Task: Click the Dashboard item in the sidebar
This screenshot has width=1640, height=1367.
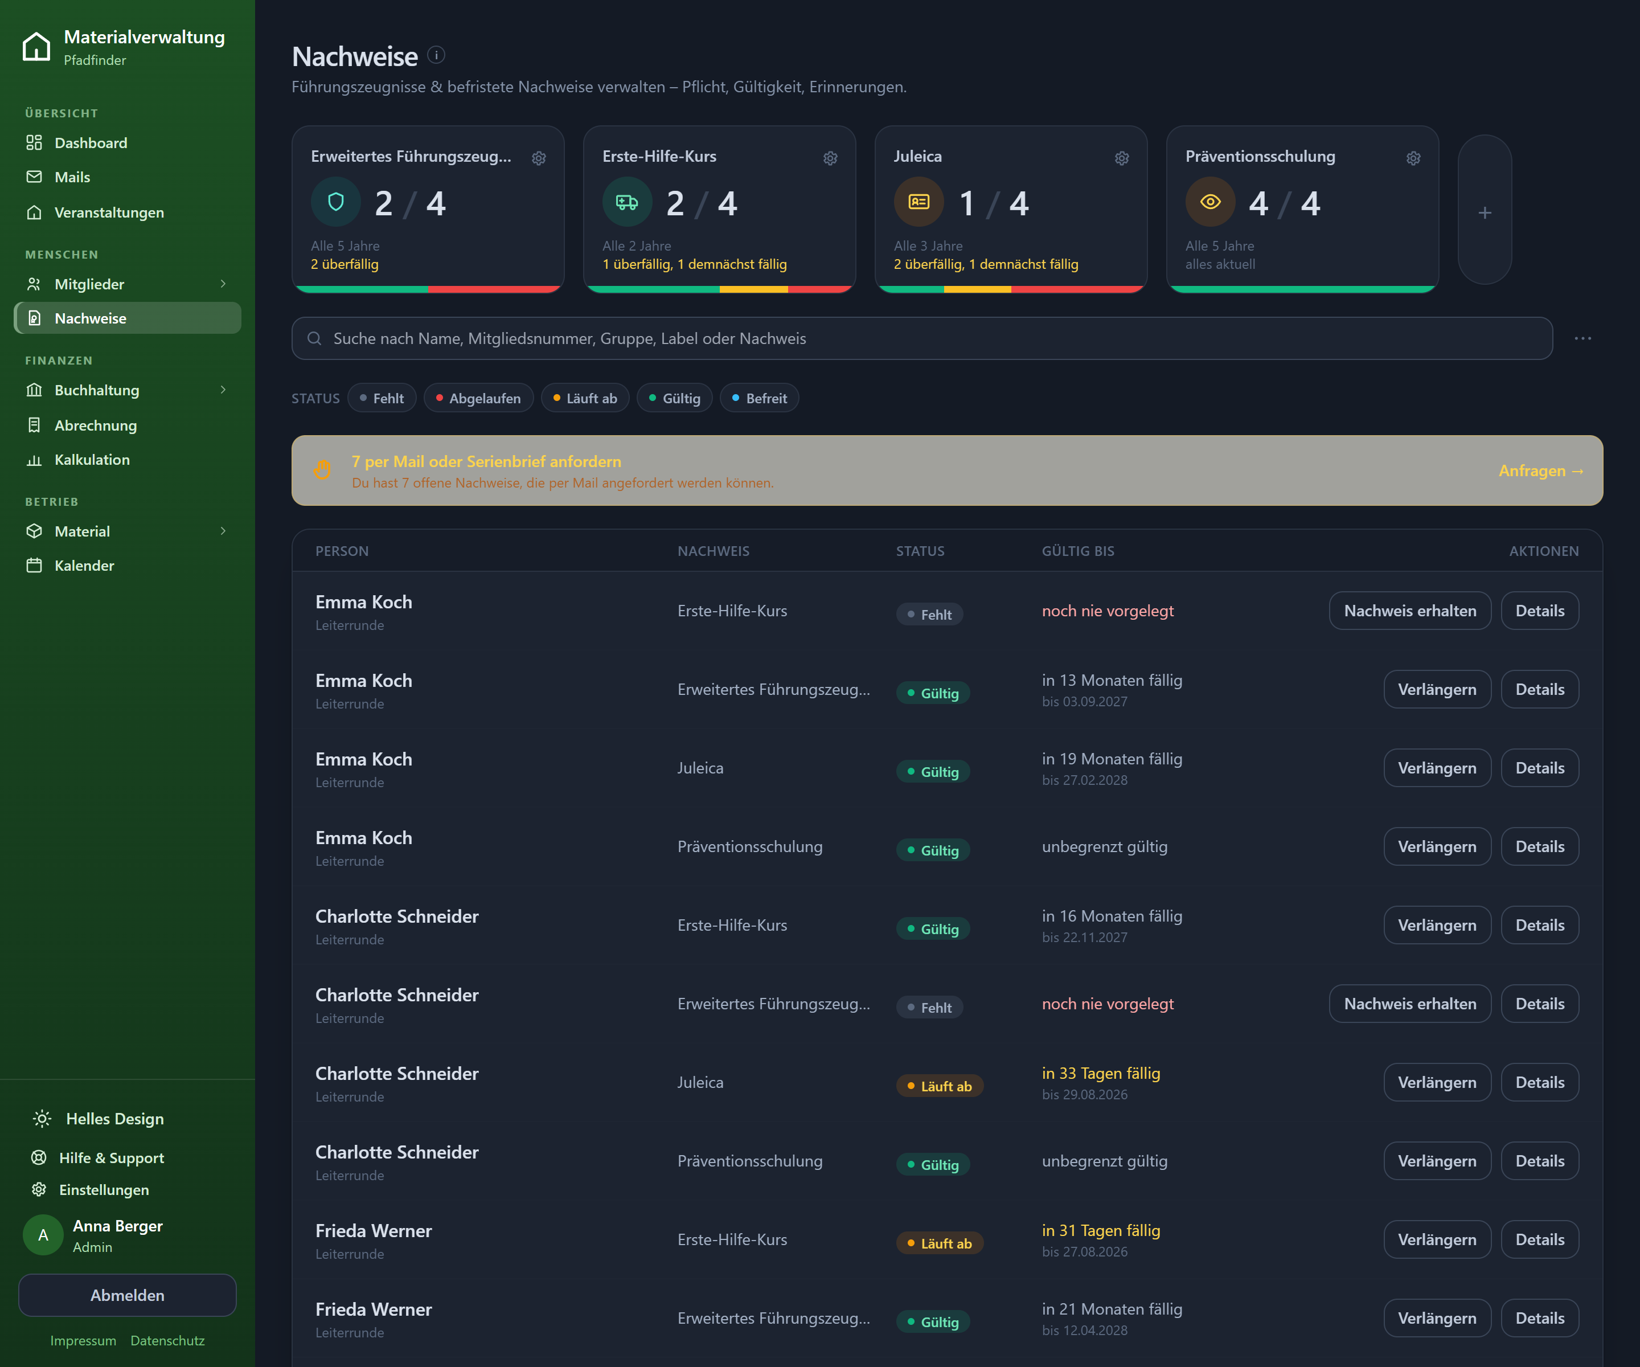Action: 91,143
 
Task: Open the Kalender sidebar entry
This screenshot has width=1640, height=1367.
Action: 84,566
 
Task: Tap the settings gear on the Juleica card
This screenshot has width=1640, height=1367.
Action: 1121,158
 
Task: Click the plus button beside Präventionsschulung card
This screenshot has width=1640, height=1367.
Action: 1485,212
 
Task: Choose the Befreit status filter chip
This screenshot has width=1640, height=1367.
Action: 759,398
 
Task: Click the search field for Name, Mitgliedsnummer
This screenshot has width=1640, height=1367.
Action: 921,338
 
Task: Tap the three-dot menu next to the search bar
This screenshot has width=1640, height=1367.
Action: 1583,338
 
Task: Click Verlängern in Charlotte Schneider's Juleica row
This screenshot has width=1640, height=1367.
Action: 1437,1082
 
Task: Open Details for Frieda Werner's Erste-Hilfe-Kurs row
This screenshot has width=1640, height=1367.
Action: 1539,1239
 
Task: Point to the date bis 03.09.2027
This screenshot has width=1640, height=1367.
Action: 1085,702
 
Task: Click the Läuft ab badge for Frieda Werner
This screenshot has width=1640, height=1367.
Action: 940,1243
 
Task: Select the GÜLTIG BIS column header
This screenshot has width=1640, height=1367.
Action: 1078,551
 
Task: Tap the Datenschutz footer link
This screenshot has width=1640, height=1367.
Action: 167,1340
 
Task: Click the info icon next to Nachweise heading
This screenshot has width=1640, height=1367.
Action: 437,55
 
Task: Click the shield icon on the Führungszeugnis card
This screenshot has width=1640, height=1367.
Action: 336,202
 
